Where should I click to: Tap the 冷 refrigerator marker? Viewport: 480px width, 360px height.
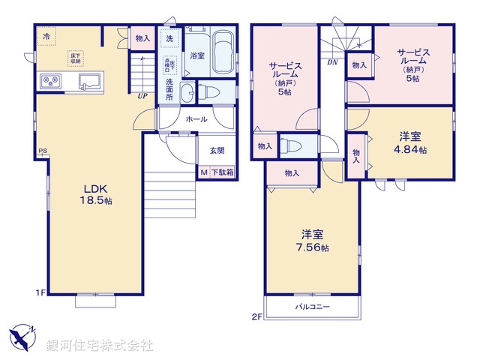(46, 36)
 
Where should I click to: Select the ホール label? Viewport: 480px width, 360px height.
(197, 118)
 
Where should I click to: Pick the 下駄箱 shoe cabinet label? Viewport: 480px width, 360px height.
(222, 172)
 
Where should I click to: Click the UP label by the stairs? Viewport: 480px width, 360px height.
(141, 95)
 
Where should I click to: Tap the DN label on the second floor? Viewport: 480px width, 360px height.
(331, 62)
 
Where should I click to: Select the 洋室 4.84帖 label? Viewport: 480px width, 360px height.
(409, 142)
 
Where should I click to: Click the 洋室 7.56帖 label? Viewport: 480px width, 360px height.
(310, 239)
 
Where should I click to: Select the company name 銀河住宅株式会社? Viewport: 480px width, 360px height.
(99, 345)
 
